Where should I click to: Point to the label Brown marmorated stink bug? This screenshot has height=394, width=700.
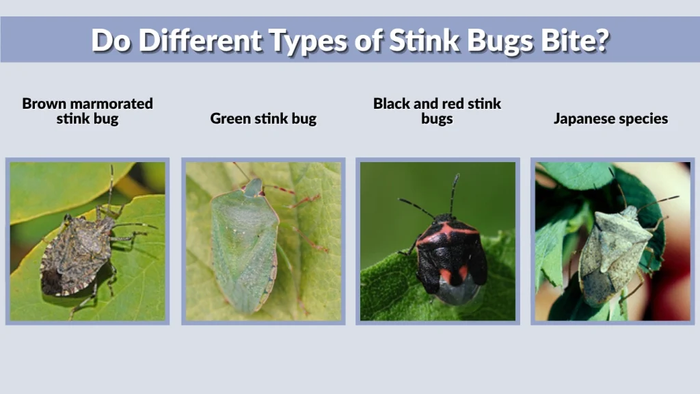pos(87,111)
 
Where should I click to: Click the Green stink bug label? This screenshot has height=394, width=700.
pos(263,118)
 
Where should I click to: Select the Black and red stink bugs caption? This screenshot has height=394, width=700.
pos(437,111)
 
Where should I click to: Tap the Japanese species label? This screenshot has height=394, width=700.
pos(610,118)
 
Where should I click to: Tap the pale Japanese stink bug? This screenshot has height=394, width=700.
pos(613,253)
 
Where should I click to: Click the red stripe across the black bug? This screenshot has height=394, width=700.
pos(448,233)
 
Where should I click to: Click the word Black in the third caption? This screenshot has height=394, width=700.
pos(392,103)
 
